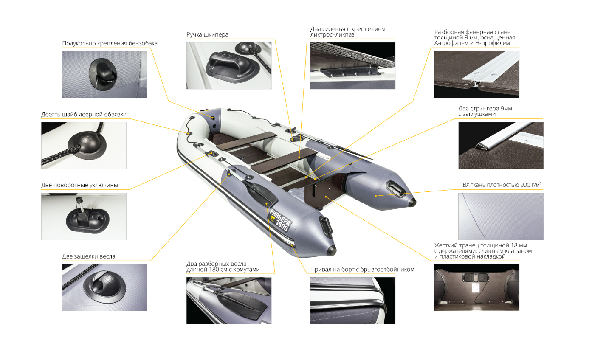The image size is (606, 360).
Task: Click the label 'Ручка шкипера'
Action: pyautogui.click(x=208, y=35)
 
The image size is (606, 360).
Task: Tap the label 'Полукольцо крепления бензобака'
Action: pyautogui.click(x=110, y=44)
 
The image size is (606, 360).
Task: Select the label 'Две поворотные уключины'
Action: pyautogui.click(x=79, y=185)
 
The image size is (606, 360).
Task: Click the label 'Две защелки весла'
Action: pyautogui.click(x=89, y=256)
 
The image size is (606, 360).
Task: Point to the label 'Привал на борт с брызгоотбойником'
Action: pyautogui.click(x=362, y=270)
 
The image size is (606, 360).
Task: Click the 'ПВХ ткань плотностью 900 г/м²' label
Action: pyautogui.click(x=500, y=185)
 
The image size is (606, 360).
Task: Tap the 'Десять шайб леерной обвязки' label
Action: pyautogui.click(x=84, y=114)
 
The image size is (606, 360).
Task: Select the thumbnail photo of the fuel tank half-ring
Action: pyautogui.click(x=105, y=74)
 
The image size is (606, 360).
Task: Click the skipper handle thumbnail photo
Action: pyautogui.click(x=229, y=66)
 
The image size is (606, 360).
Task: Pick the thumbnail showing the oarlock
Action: pyautogui.click(x=84, y=217)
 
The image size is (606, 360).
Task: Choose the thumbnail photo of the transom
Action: pyautogui.click(x=476, y=287)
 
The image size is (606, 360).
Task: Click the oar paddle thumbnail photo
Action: pyautogui.click(x=229, y=301)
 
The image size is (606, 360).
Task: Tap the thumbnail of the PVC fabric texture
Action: pyautogui.click(x=501, y=217)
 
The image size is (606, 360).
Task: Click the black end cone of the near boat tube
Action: pyautogui.click(x=331, y=250)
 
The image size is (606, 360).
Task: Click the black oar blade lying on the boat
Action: pyautogui.click(x=260, y=193)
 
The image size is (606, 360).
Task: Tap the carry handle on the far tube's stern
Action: pyautogui.click(x=396, y=188)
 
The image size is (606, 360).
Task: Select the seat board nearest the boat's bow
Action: pyautogui.click(x=246, y=141)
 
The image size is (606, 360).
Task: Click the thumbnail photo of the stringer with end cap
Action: pyautogui.click(x=501, y=146)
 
